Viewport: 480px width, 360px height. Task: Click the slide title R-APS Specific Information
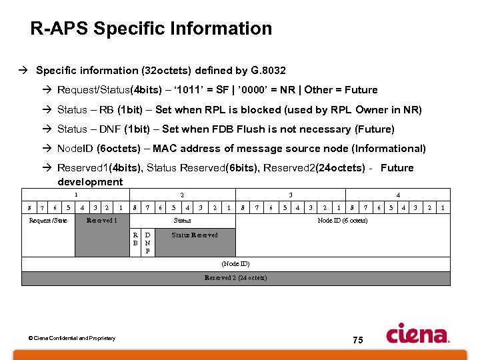(x=151, y=29)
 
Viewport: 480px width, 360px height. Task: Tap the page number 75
(x=357, y=340)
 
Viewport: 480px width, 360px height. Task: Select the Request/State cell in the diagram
(x=48, y=221)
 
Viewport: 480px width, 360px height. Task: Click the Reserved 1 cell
(x=102, y=221)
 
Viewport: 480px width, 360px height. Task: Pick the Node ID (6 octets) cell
(x=342, y=221)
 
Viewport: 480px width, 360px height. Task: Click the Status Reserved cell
(x=195, y=235)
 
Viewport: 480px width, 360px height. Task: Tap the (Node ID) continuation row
(x=235, y=264)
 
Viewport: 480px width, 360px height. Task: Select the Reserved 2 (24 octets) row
(x=235, y=277)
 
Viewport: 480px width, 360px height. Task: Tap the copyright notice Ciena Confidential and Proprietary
(x=71, y=339)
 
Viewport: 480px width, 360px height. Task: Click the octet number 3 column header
(x=289, y=195)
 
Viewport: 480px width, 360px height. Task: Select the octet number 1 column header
(x=75, y=195)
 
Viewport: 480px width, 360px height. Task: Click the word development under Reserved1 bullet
(x=90, y=182)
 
